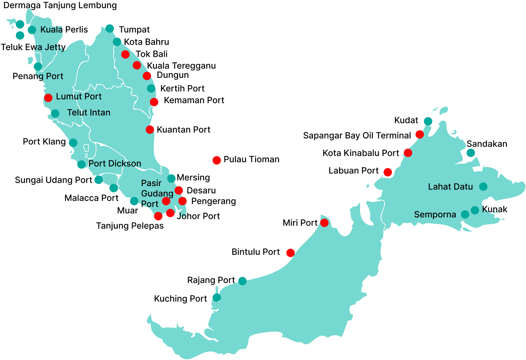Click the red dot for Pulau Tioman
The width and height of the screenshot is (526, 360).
[217, 160]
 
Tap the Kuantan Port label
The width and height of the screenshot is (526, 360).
[183, 130]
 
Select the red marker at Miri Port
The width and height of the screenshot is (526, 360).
[324, 223]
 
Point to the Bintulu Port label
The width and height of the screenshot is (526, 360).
[255, 252]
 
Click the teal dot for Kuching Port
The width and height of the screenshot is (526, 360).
[217, 298]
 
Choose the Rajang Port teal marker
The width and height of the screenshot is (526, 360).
[242, 281]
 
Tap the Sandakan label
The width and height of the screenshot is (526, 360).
[487, 144]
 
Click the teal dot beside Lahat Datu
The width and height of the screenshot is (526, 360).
[483, 187]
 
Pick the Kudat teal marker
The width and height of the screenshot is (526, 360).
[428, 121]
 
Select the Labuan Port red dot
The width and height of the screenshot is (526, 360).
[388, 172]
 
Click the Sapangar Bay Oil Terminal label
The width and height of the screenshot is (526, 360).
[357, 136]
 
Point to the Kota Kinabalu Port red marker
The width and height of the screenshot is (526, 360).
[408, 153]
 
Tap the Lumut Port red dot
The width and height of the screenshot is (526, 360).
[48, 98]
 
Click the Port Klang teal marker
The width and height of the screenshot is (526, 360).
[73, 143]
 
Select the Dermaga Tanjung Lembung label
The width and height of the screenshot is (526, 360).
[60, 6]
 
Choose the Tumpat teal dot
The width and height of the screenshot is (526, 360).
[110, 29]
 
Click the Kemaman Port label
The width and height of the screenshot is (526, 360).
[194, 100]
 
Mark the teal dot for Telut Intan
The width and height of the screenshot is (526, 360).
[55, 113]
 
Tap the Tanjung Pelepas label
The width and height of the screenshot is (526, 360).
[130, 226]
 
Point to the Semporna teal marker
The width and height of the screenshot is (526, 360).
[465, 214]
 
